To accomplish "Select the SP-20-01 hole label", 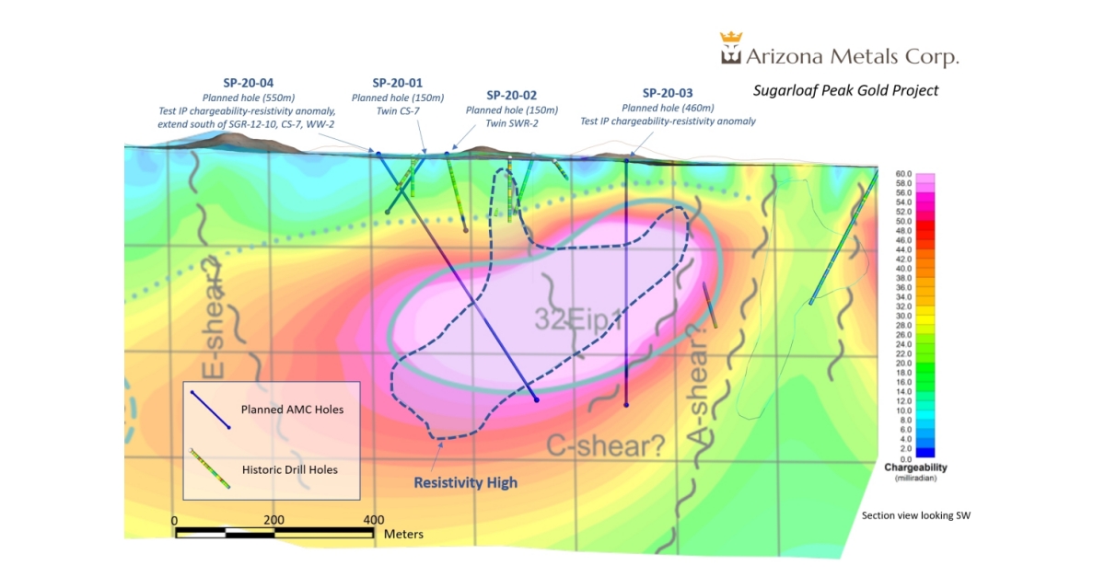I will pos(398,83).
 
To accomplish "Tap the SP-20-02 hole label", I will pos(512,95).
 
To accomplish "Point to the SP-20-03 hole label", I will pos(668,93).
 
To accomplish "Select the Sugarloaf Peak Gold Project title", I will pos(845,90).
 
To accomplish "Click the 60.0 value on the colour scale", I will pos(902,174).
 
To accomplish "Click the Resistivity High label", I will pos(465,482).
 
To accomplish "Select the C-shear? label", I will pos(605,446).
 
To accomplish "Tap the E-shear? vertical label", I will pos(212,318).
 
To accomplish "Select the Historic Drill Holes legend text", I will pos(289,469).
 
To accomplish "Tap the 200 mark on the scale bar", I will pos(273,520).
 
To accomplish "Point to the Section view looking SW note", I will pos(915,515).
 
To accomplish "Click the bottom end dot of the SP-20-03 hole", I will pos(626,404).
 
